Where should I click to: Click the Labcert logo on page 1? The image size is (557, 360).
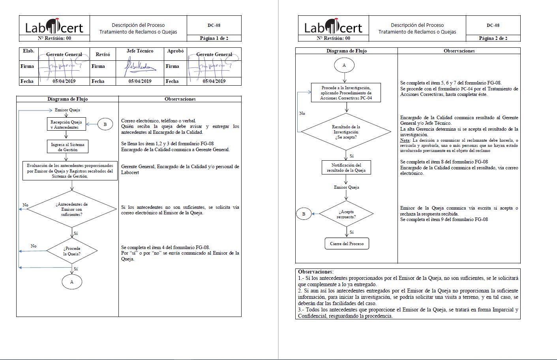pyautogui.click(x=54, y=26)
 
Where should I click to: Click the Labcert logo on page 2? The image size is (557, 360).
pyautogui.click(x=334, y=26)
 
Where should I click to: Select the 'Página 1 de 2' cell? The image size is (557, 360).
pyautogui.click(x=214, y=38)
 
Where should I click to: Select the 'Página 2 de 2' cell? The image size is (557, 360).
pyautogui.click(x=493, y=38)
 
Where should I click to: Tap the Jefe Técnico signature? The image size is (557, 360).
pyautogui.click(x=139, y=68)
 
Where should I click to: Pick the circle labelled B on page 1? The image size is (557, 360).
pyautogui.click(x=105, y=124)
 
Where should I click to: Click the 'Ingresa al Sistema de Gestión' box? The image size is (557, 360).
pyautogui.click(x=68, y=147)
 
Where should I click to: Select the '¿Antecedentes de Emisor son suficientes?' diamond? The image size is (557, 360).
pyautogui.click(x=72, y=209)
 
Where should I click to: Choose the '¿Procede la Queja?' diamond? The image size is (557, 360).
pyautogui.click(x=72, y=251)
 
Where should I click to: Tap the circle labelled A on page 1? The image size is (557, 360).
pyautogui.click(x=72, y=282)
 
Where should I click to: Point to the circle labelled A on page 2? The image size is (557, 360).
pyautogui.click(x=344, y=65)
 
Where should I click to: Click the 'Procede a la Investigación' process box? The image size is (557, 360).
pyautogui.click(x=346, y=93)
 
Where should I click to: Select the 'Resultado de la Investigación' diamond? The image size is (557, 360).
pyautogui.click(x=346, y=132)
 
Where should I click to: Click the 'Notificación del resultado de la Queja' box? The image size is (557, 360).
pyautogui.click(x=346, y=168)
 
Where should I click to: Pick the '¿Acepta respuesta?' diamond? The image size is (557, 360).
pyautogui.click(x=346, y=214)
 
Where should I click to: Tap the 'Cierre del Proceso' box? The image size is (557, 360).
pyautogui.click(x=347, y=244)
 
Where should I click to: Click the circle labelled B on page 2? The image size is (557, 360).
pyautogui.click(x=304, y=214)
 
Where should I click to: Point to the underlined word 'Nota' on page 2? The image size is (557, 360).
pyautogui.click(x=405, y=140)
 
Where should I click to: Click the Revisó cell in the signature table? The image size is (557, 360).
pyautogui.click(x=103, y=54)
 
